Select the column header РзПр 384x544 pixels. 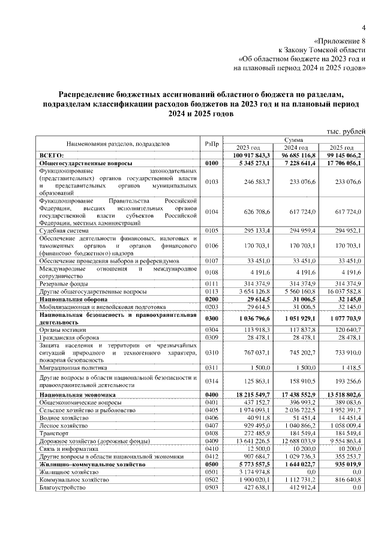tap(211, 144)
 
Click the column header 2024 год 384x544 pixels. tap(296, 147)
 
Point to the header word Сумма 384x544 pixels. tap(295, 139)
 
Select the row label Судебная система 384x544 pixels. tap(64, 230)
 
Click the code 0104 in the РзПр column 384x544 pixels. tap(211, 212)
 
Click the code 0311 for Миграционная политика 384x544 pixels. tap(211, 367)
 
